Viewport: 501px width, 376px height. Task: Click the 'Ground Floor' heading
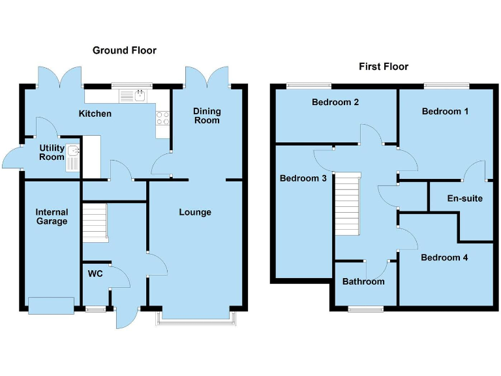click(x=124, y=50)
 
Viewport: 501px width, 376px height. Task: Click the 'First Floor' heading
click(x=384, y=67)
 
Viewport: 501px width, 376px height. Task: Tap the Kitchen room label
click(x=95, y=114)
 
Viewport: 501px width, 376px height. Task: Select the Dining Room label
click(x=206, y=116)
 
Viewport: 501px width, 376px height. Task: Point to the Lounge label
click(x=195, y=212)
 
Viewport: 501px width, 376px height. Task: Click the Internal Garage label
click(x=52, y=217)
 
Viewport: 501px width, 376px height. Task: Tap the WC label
click(x=95, y=274)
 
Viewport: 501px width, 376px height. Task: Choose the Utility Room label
click(x=52, y=153)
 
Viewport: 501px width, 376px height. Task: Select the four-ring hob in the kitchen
click(x=162, y=118)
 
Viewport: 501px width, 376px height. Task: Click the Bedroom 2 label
click(x=335, y=102)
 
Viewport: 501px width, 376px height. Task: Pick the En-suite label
click(x=464, y=198)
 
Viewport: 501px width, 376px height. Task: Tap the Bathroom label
click(x=363, y=282)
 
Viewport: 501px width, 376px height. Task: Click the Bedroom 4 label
click(x=444, y=257)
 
